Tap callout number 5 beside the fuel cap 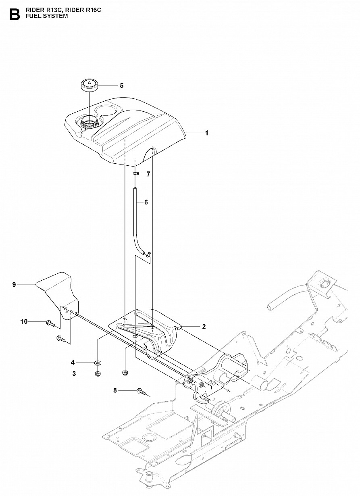click(x=121, y=85)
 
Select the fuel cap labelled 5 click(x=90, y=85)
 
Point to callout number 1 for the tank click(x=207, y=133)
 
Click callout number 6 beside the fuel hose click(x=146, y=202)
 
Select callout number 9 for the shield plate click(x=14, y=285)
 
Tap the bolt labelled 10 click(x=50, y=322)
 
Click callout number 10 click(x=24, y=321)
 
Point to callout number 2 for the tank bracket click(x=204, y=326)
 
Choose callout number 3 click(x=74, y=374)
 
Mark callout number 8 click(x=115, y=390)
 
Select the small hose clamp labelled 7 click(x=136, y=174)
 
